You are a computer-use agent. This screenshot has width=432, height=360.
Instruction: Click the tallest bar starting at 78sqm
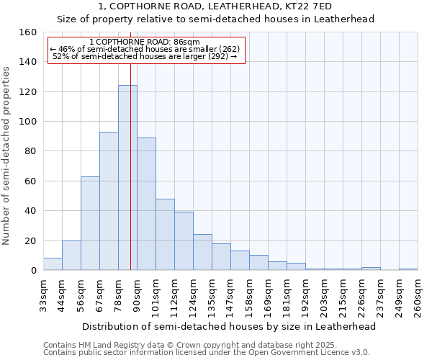click(x=127, y=178)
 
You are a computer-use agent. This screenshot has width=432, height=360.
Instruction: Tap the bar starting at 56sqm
click(x=90, y=223)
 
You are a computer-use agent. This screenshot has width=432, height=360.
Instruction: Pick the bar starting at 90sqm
click(x=146, y=204)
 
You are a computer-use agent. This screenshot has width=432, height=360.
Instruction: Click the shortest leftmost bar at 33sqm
click(x=53, y=264)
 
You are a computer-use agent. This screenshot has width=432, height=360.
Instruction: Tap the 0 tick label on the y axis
click(x=34, y=271)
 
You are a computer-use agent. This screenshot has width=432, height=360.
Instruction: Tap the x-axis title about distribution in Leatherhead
click(x=229, y=326)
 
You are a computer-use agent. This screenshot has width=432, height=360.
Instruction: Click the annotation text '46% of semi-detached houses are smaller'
click(x=148, y=49)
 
